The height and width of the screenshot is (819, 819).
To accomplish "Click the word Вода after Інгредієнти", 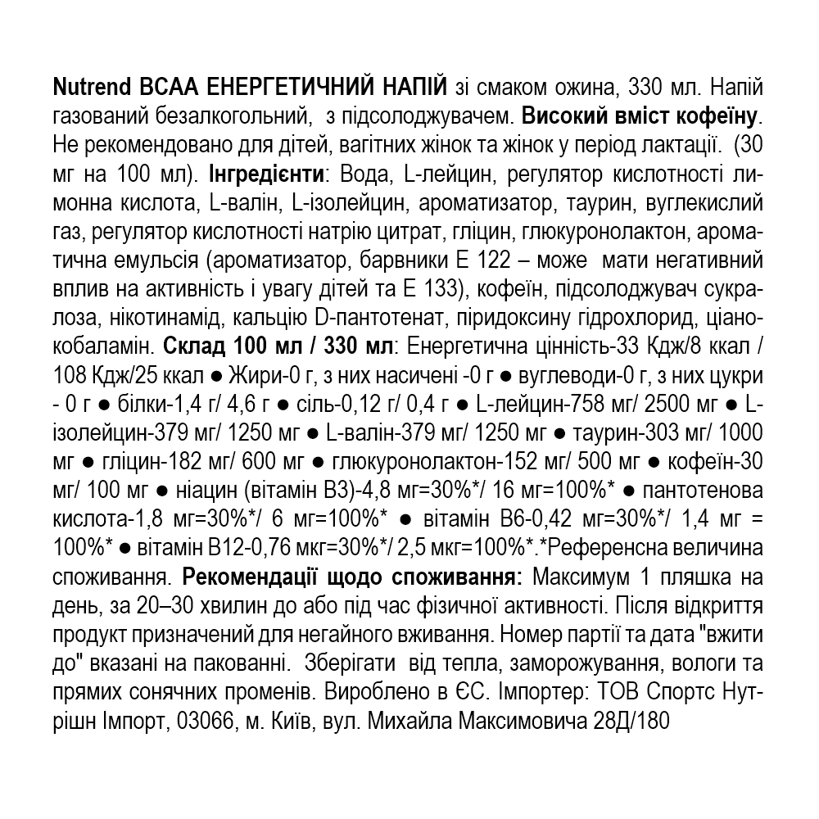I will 355,174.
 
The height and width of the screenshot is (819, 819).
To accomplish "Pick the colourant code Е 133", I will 427,290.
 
